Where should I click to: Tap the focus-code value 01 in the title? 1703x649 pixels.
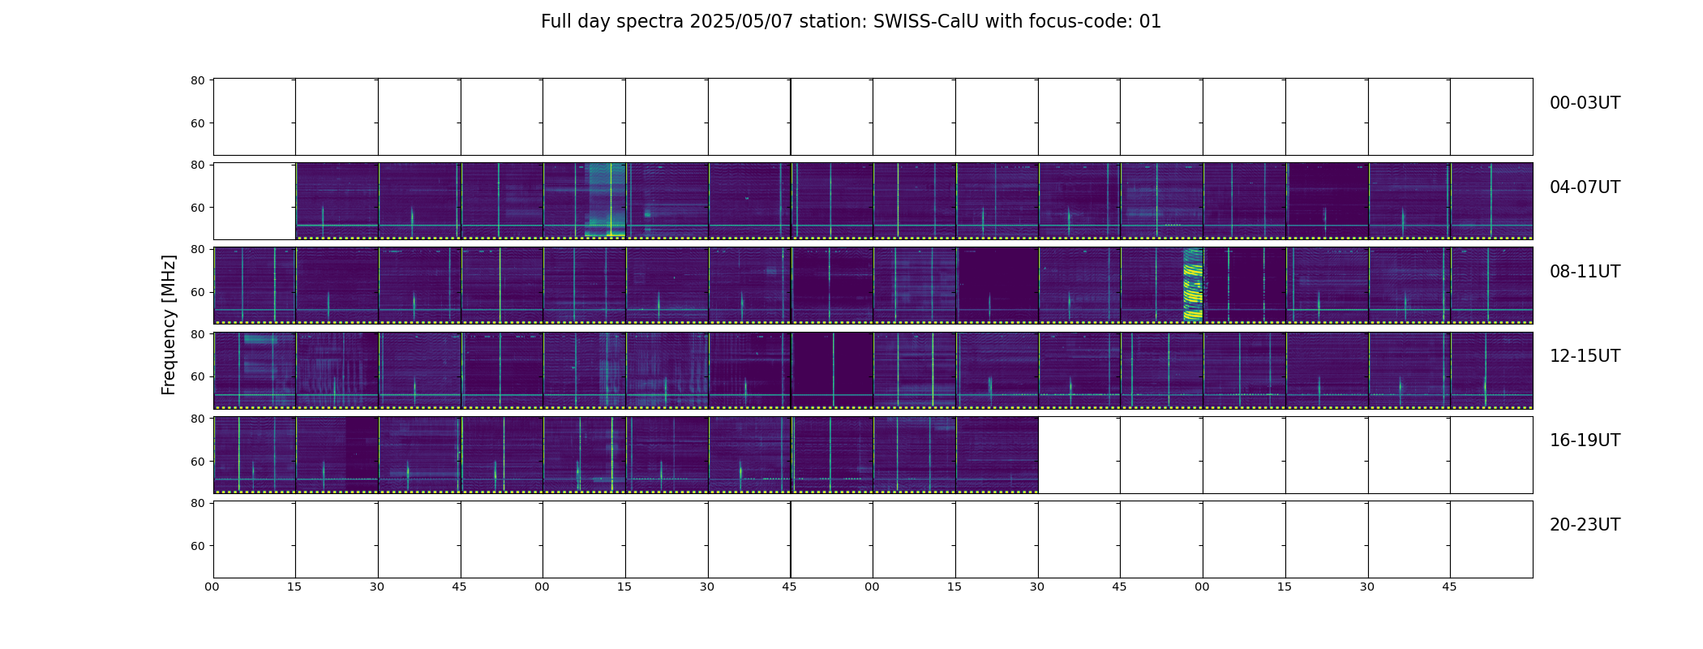pyautogui.click(x=1150, y=22)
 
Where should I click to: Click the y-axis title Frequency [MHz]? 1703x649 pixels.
pyautogui.click(x=169, y=324)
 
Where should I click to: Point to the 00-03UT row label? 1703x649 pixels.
pyautogui.click(x=1585, y=103)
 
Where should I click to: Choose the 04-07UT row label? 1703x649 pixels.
pyautogui.click(x=1585, y=187)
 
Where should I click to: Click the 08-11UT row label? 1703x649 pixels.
pyautogui.click(x=1585, y=272)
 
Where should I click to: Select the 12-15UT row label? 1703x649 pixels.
pyautogui.click(x=1585, y=356)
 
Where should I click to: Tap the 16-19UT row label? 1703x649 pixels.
pyautogui.click(x=1585, y=441)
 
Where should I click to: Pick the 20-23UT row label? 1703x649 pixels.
pyautogui.click(x=1585, y=525)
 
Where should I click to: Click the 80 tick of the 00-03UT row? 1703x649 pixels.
pyautogui.click(x=197, y=80)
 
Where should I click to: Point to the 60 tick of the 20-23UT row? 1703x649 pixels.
pyautogui.click(x=197, y=546)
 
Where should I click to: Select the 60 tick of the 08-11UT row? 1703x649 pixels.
pyautogui.click(x=197, y=292)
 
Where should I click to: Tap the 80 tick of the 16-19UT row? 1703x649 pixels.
pyautogui.click(x=197, y=419)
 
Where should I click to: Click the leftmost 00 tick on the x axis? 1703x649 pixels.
pyautogui.click(x=212, y=587)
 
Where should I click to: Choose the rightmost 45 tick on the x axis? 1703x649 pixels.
pyautogui.click(x=1449, y=587)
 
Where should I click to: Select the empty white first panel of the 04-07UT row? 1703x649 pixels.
pyautogui.click(x=255, y=201)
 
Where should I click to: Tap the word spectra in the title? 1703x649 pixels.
pyautogui.click(x=650, y=23)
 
